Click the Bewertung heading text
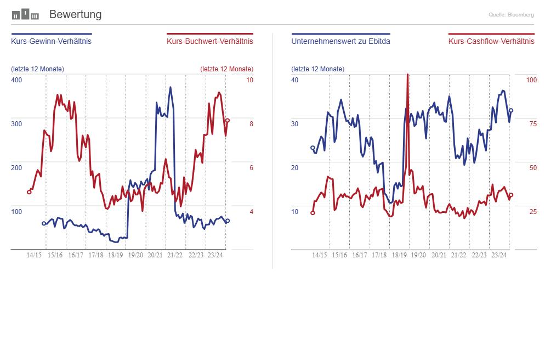pyautogui.click(x=75, y=15)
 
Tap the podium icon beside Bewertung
pyautogui.click(x=25, y=14)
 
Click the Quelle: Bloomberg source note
pyautogui.click(x=511, y=15)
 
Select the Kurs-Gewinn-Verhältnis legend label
pyautogui.click(x=51, y=41)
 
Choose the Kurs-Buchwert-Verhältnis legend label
pyautogui.click(x=210, y=41)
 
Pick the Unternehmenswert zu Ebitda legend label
pyautogui.click(x=341, y=41)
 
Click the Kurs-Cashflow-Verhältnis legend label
pyautogui.click(x=491, y=41)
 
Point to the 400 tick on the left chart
pyautogui.click(x=16, y=80)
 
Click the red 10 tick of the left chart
pyautogui.click(x=249, y=80)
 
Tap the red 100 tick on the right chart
pyautogui.click(x=531, y=80)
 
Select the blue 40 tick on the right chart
pyautogui.click(x=295, y=80)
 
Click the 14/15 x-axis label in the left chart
pyautogui.click(x=35, y=255)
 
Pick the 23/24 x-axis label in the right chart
pyautogui.click(x=499, y=255)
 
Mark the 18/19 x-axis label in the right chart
pyautogui.click(x=399, y=255)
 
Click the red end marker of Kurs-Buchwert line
pyautogui.click(x=228, y=121)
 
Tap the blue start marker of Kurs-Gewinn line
pyautogui.click(x=44, y=223)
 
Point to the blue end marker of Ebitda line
pyautogui.click(x=511, y=110)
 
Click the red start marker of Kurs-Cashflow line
pyautogui.click(x=313, y=213)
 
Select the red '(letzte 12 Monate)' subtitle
pyautogui.click(x=226, y=69)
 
